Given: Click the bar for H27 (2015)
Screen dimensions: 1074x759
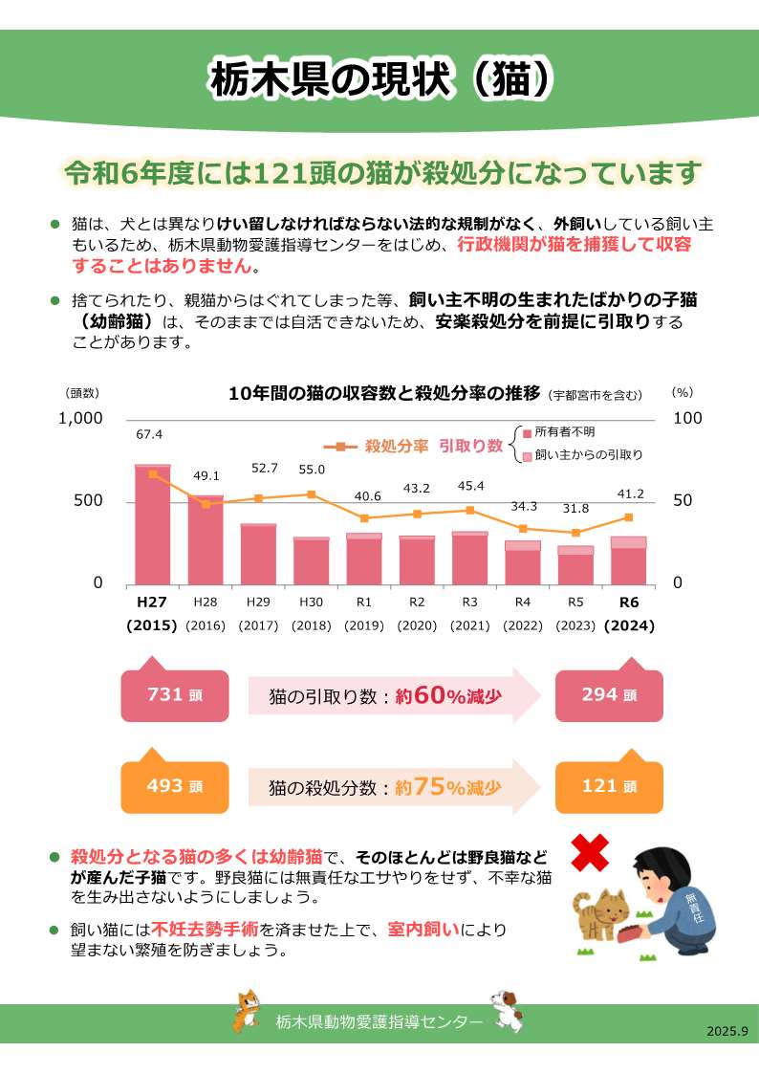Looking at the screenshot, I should coord(152,524).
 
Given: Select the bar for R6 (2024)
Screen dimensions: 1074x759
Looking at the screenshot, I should coord(629,560).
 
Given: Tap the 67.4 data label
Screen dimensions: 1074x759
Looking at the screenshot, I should coord(149,434).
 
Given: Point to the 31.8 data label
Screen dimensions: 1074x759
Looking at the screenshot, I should coord(575,508).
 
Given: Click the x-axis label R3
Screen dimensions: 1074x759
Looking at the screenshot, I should coord(469,603).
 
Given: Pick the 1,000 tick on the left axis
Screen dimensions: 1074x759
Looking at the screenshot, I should coord(81,418).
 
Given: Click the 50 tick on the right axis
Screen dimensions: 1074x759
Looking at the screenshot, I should coord(687,501).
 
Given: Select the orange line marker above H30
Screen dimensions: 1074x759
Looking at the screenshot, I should coord(312,494).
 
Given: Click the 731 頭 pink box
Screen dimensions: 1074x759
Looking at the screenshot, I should coord(175,695).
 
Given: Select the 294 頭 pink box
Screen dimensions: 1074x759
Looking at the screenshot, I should coord(609,695).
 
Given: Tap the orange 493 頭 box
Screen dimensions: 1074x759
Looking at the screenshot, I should coord(175,786).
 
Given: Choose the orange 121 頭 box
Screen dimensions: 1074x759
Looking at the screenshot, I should coord(609,786).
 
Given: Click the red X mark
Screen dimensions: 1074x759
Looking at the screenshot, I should coord(591,851).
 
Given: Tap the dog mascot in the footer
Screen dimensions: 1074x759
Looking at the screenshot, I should coord(507,1012).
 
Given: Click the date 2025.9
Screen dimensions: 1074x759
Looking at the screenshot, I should coord(727,1032).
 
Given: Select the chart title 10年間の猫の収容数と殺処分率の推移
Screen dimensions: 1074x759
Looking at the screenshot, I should coord(385,393).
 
